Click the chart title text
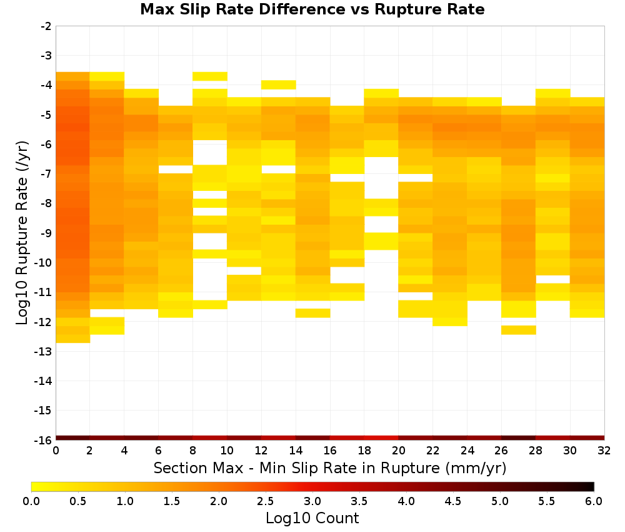(x=312, y=9)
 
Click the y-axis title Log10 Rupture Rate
(x=22, y=233)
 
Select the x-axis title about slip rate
(x=329, y=468)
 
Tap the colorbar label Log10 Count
(x=312, y=518)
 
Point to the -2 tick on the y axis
(x=46, y=26)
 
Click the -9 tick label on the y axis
(x=46, y=233)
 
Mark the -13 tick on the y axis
(x=44, y=351)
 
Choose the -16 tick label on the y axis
(x=44, y=440)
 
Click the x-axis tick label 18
(x=364, y=451)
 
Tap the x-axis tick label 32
(x=604, y=451)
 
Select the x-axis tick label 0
(x=56, y=451)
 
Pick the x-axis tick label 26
(x=501, y=451)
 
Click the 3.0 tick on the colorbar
(x=312, y=501)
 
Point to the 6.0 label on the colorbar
(x=594, y=501)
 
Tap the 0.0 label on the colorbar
(x=31, y=501)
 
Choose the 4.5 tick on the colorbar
(x=453, y=501)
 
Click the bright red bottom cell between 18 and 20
(x=381, y=438)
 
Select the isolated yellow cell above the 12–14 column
(x=279, y=84)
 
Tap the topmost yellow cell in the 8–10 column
(x=210, y=76)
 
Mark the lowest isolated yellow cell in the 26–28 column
(x=519, y=330)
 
